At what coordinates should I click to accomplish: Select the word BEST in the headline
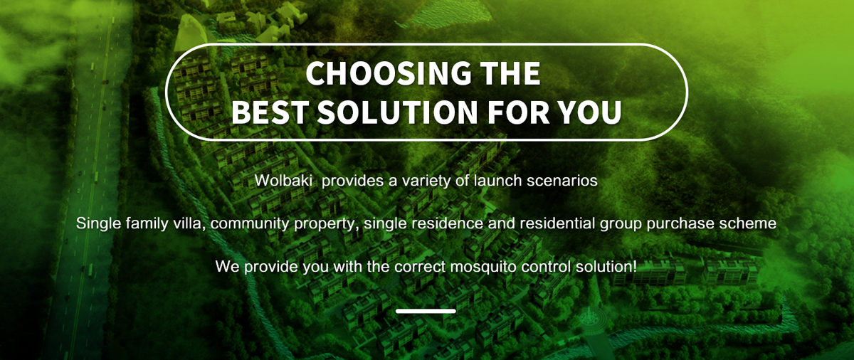point(270,112)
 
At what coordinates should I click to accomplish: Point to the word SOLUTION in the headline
point(397,112)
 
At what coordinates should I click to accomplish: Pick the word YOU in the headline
point(590,112)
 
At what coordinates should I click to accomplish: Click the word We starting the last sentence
point(228,266)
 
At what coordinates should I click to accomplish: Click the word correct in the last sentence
point(420,266)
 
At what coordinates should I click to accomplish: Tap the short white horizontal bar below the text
point(426,311)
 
